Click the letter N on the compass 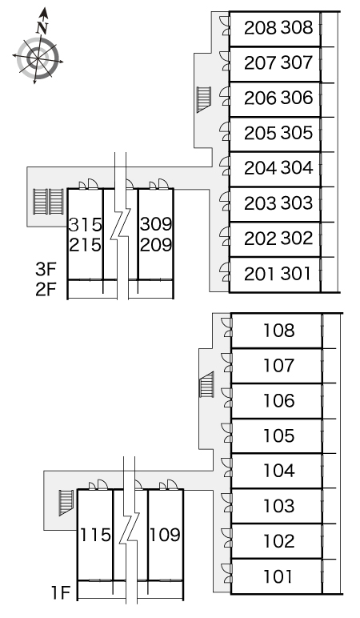coord(42,28)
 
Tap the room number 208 coord(260,28)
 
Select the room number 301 coord(296,274)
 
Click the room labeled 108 coord(279,331)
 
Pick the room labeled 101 coord(278,576)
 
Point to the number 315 coord(85,225)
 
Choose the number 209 coord(156,245)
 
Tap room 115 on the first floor coord(95,535)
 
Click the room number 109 coord(165,535)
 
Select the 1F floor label coord(61,592)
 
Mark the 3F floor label coord(46,269)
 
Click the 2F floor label coord(46,290)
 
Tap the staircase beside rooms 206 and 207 coord(204,99)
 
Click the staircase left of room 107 coord(207,384)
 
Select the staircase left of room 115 coord(66,503)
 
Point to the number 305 coord(296,133)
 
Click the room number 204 coord(260,168)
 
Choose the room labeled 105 coord(279,435)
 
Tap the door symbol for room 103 coord(226,506)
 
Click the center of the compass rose coord(38,59)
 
